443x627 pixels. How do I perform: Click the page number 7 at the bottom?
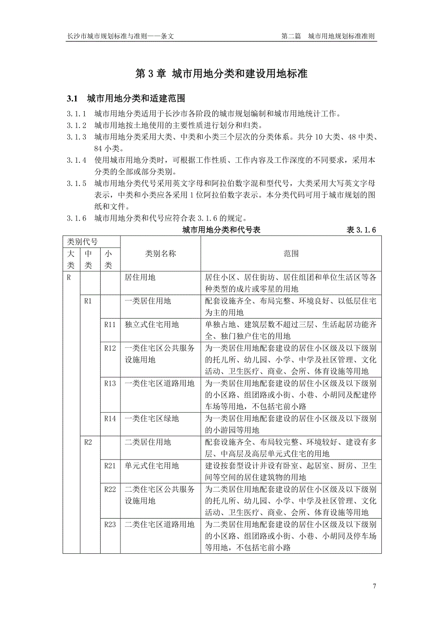[x=374, y=586]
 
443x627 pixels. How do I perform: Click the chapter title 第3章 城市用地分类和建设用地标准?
[x=221, y=74]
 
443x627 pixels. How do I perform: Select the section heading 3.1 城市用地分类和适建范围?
[x=126, y=99]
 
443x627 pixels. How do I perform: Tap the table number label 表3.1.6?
[x=361, y=230]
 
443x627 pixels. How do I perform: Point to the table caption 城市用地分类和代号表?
[x=221, y=230]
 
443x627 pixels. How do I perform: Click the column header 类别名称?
[x=160, y=253]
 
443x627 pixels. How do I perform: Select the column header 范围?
[x=291, y=253]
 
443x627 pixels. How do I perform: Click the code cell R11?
[x=110, y=324]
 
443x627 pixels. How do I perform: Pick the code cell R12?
[x=110, y=348]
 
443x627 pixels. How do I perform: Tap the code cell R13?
[x=110, y=383]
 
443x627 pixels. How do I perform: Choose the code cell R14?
[x=110, y=418]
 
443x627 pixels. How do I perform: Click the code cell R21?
[x=110, y=466]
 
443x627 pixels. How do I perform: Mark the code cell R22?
[x=110, y=489]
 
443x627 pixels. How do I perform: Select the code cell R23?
[x=110, y=524]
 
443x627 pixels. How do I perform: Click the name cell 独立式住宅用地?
[x=152, y=324]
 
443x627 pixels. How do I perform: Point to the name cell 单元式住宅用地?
[x=152, y=466]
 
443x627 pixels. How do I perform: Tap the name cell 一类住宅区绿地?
[x=152, y=418]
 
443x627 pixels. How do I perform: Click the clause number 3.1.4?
[x=77, y=160]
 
